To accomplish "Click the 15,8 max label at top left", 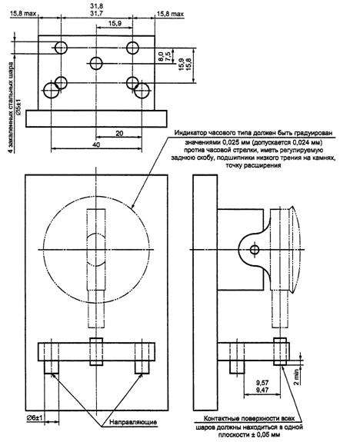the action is coord(23,14).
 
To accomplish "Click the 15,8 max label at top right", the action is coord(170,14).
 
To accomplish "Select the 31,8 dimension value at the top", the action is coord(96,5).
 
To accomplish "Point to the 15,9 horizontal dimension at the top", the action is coord(115,23).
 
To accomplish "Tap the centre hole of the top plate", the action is coord(96,63).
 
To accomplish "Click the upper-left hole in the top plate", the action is coord(61,48).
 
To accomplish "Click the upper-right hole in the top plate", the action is coord(132,48).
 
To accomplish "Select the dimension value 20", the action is coord(119,133).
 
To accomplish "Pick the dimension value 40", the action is coord(96,145).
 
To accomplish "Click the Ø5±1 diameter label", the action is coord(18,107).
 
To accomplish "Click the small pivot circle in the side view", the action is coord(255,250).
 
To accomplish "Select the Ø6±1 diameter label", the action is coord(35,419).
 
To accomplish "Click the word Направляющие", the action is coord(133,422).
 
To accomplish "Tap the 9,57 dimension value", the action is coord(262,383).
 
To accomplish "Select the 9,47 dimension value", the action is coord(262,390).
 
